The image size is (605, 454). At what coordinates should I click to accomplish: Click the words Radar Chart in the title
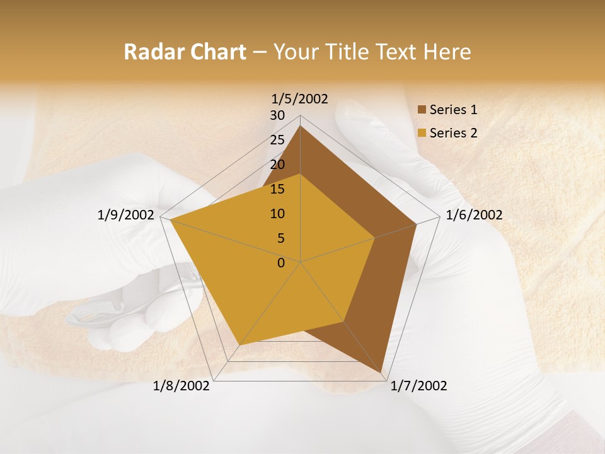[x=184, y=52]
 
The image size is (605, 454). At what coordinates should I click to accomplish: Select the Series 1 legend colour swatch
[x=422, y=110]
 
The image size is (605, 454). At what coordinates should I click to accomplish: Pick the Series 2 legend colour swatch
[x=422, y=133]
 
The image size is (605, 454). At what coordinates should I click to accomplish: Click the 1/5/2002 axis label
[x=300, y=99]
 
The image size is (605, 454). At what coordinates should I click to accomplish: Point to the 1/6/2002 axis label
[x=474, y=215]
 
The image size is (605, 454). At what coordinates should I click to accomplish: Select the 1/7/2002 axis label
[x=418, y=386]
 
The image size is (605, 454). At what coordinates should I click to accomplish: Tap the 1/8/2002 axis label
[x=181, y=386]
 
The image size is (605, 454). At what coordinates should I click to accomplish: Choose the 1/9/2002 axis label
[x=126, y=215]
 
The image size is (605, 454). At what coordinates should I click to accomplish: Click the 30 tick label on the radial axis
[x=277, y=115]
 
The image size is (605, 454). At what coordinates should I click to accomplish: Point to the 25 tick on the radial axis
[x=277, y=140]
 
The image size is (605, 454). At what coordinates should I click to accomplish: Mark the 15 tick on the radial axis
[x=277, y=189]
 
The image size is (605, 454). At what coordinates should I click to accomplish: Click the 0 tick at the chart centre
[x=281, y=263]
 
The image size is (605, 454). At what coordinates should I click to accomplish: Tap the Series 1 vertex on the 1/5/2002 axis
[x=301, y=126]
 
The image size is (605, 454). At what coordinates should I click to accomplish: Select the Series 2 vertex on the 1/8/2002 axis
[x=239, y=345]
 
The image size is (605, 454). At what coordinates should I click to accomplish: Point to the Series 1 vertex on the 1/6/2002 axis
[x=417, y=224]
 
